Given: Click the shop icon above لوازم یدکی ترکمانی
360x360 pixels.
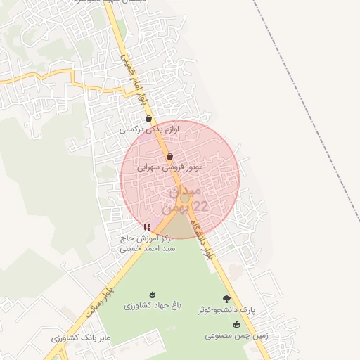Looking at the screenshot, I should click(x=148, y=119).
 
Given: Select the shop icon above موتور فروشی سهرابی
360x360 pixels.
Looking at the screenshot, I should click(x=169, y=157).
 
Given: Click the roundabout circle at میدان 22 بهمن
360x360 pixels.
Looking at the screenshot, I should click(x=184, y=199).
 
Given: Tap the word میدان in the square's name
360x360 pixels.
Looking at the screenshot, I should click(x=186, y=191).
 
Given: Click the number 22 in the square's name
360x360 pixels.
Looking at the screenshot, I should click(x=200, y=206).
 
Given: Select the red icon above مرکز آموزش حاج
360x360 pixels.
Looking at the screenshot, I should click(x=147, y=227).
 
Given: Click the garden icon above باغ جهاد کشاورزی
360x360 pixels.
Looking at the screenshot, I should click(x=152, y=294).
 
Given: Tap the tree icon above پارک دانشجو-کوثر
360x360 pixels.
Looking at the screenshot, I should click(x=226, y=299).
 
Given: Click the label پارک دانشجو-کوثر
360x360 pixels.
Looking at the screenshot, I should click(x=228, y=310).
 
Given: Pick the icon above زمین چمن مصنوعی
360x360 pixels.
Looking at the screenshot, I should click(x=236, y=324).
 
